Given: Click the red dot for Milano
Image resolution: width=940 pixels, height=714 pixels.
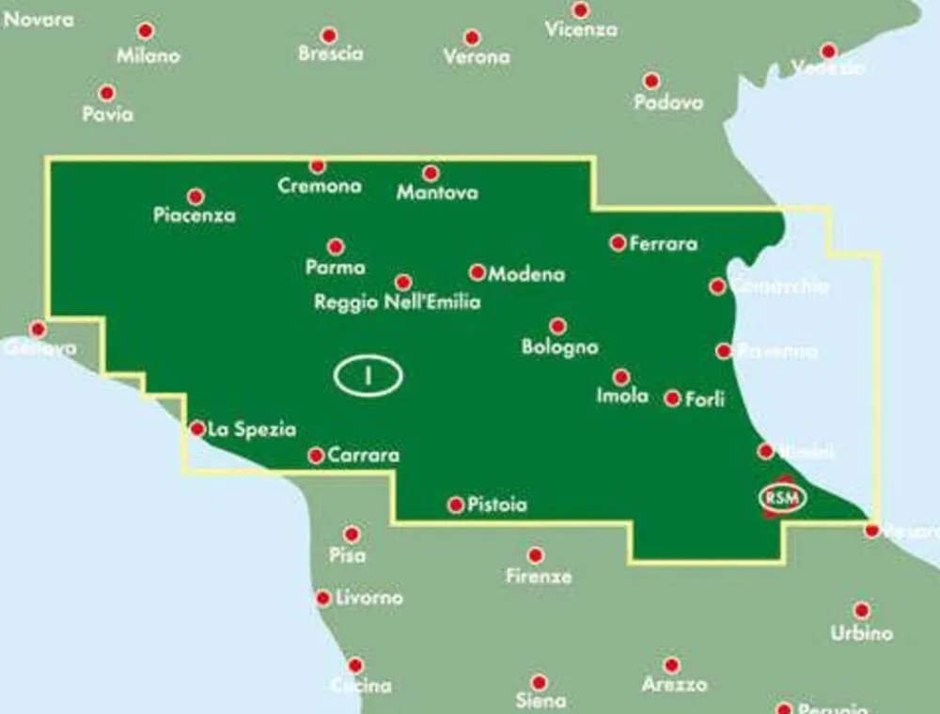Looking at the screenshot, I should (146, 31).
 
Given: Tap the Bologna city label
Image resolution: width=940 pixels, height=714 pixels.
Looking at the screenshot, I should (560, 347).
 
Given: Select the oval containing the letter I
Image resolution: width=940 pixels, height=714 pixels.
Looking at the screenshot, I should (368, 376).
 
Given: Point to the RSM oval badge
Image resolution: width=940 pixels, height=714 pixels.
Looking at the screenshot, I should (782, 497).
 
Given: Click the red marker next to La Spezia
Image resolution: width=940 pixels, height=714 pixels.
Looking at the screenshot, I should (197, 428).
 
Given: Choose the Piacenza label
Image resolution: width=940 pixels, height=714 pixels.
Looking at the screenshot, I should (195, 215).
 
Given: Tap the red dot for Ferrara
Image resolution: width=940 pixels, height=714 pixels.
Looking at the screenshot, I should (618, 242).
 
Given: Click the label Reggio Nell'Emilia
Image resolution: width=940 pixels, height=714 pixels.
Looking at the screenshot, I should (397, 303).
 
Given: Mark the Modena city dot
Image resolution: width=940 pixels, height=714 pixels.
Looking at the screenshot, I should (478, 272).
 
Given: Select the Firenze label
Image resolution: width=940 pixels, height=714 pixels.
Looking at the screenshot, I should (539, 577).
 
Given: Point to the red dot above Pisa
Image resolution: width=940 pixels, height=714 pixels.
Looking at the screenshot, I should (352, 534).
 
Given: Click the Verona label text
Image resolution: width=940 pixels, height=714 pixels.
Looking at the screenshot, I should (477, 57).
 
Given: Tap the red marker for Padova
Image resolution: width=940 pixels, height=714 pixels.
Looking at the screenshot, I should (650, 81).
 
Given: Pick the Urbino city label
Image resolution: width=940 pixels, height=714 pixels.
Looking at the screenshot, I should (861, 633).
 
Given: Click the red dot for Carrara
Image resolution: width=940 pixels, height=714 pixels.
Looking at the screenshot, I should (316, 456).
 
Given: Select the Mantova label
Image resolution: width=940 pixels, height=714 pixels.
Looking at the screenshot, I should (437, 194).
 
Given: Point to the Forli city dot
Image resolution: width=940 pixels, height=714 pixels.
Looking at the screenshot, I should (672, 398).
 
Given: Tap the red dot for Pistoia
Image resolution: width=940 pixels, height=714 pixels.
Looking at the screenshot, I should (456, 505).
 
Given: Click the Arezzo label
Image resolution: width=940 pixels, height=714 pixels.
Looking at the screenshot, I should (674, 685).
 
